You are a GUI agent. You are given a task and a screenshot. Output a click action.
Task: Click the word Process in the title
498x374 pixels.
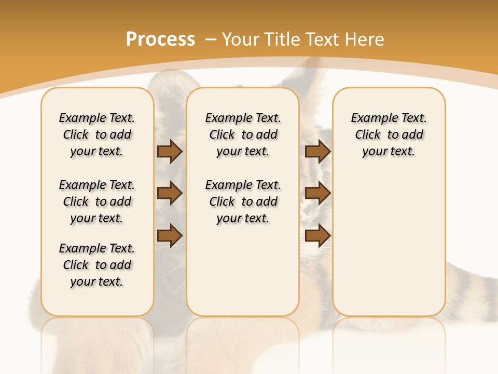[x=160, y=39]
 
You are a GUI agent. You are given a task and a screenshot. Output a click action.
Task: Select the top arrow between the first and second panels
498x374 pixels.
[x=169, y=152]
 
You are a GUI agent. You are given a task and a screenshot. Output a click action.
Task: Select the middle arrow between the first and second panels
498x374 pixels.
[x=169, y=194]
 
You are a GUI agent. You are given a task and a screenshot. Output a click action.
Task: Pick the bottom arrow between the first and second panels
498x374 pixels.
[x=169, y=235]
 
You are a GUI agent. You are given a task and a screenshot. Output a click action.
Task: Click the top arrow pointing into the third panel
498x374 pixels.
[x=317, y=152]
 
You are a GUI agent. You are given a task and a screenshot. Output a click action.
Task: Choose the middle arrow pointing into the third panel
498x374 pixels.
[x=317, y=194]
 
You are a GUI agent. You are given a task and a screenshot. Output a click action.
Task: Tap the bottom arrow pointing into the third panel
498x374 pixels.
[x=317, y=235]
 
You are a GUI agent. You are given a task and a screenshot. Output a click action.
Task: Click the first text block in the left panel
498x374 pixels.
[x=97, y=135]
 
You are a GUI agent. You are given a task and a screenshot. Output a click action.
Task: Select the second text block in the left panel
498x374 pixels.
[x=97, y=202]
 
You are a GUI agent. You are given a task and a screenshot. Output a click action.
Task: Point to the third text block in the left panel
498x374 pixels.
[x=97, y=265]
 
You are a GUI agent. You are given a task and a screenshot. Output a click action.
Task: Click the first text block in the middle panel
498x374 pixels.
[x=243, y=135]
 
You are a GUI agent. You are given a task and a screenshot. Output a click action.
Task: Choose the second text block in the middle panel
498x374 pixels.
[x=243, y=202]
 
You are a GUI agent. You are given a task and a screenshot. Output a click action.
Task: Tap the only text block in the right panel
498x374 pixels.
[x=389, y=135]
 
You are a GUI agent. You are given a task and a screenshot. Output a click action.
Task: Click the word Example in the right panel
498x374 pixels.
[x=370, y=118]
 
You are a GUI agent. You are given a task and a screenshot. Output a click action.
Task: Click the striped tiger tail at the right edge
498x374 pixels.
[x=472, y=291]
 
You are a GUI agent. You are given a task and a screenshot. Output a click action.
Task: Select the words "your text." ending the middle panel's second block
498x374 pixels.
[x=243, y=219]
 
